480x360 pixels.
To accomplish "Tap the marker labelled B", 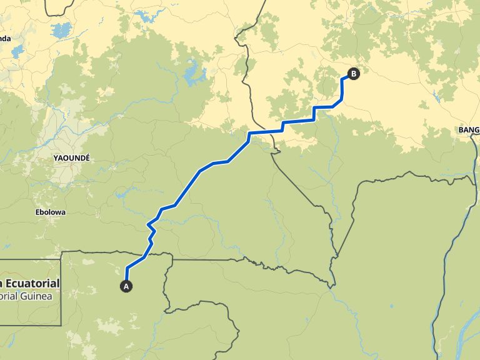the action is (x=354, y=74).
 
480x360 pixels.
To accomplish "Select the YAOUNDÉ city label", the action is (x=72, y=158).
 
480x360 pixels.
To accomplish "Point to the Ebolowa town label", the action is (x=50, y=212).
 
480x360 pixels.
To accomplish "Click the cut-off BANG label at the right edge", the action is (x=468, y=130).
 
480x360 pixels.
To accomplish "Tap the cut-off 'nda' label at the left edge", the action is (x=5, y=38).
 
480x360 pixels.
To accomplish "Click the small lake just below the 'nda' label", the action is (x=16, y=51).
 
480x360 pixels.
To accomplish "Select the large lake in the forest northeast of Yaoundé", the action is (x=194, y=77).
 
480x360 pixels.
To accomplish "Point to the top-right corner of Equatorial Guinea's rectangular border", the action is (x=61, y=252).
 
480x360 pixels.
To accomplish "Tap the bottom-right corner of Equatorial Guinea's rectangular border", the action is (x=61, y=325).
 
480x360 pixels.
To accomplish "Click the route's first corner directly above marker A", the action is (x=127, y=268).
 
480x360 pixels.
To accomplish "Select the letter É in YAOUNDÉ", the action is (x=87, y=158).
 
